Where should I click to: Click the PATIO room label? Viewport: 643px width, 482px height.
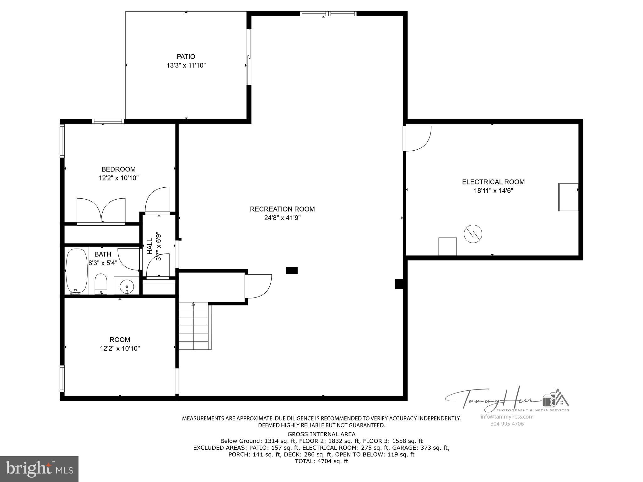[x=186, y=56]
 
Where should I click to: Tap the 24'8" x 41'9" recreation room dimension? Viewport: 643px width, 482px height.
[x=282, y=218]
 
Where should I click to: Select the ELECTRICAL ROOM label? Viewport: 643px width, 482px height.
[x=493, y=182]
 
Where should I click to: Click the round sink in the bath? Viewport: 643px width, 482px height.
[x=127, y=286]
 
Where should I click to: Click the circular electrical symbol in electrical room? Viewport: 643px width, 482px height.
[x=473, y=234]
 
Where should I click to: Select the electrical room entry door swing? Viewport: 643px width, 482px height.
[x=418, y=138]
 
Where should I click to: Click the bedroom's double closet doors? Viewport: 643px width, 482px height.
[x=101, y=211]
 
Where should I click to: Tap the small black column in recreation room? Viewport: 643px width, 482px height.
[x=292, y=270]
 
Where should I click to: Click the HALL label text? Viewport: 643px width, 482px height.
[x=150, y=246]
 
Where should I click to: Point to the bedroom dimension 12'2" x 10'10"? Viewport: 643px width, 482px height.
[x=119, y=178]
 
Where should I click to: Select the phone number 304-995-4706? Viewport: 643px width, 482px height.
[x=507, y=424]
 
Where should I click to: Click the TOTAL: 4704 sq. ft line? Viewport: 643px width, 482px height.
[x=321, y=461]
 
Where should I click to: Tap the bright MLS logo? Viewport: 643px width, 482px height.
[x=39, y=469]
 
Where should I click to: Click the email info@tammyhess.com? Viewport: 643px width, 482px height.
[x=507, y=417]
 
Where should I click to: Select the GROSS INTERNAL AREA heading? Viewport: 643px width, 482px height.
[x=321, y=434]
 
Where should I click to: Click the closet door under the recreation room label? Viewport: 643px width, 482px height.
[x=259, y=286]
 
